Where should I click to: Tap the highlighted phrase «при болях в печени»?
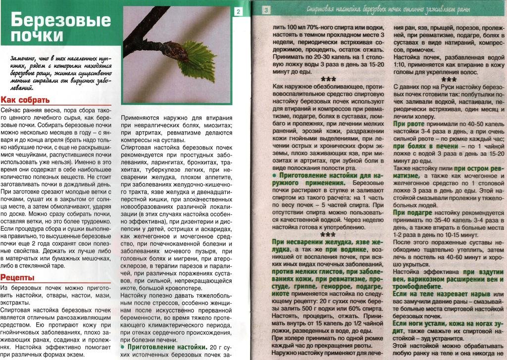click(426, 146)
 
